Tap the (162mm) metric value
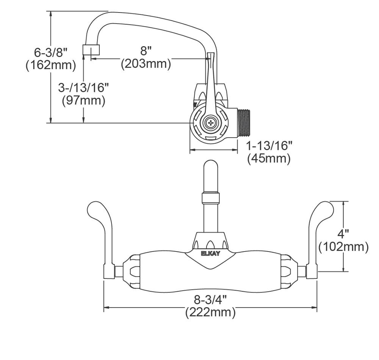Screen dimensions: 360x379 [50, 65]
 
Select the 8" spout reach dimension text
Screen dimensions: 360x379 [146, 51]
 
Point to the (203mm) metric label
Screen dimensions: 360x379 [146, 64]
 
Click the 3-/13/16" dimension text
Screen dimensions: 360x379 [83, 88]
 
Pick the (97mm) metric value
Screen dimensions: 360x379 [83, 101]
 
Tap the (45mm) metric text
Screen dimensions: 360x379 [269, 159]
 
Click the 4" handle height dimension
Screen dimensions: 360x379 [343, 233]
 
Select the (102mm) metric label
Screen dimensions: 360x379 [343, 247]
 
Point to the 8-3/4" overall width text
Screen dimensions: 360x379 [210, 300]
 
